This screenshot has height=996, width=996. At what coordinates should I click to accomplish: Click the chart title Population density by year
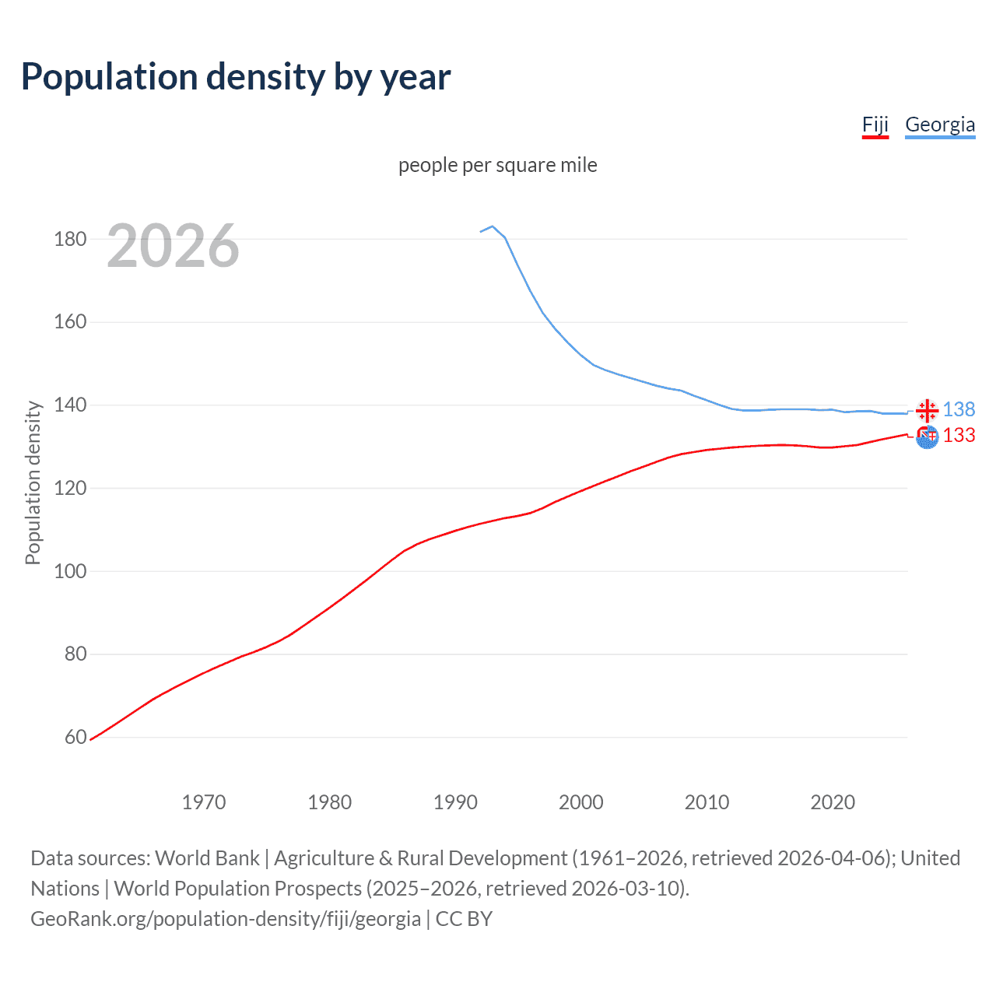coord(236,77)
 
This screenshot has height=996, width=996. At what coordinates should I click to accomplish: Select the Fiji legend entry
coord(875,124)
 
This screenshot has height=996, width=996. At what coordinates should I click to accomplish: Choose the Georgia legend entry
coord(939,124)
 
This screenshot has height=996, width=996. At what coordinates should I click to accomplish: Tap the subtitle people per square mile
coord(497,165)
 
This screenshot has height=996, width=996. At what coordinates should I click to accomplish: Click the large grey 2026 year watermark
coord(173,246)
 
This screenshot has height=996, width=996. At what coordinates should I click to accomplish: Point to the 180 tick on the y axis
coord(70,239)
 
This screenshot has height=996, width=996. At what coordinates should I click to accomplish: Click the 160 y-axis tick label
coord(70,322)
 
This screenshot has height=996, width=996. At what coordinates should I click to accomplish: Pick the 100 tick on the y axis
coord(70,571)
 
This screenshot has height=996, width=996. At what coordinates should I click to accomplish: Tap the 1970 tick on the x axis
coord(204,802)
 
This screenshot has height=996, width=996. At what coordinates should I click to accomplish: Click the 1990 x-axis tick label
coord(455,802)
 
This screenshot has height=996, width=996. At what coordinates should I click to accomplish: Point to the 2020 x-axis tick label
coord(833,802)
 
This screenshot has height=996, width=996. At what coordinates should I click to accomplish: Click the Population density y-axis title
coord(33,482)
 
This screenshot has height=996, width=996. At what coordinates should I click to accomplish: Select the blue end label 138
coord(959,409)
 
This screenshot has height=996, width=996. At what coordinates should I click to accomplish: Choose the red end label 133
coord(959,435)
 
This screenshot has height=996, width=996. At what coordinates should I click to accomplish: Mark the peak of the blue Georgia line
coord(493,226)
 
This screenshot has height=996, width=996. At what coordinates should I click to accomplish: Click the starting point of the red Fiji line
coord(90,739)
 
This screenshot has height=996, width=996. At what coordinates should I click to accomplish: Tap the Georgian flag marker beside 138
coord(927,410)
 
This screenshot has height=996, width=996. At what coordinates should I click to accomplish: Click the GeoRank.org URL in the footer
coord(226,919)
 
